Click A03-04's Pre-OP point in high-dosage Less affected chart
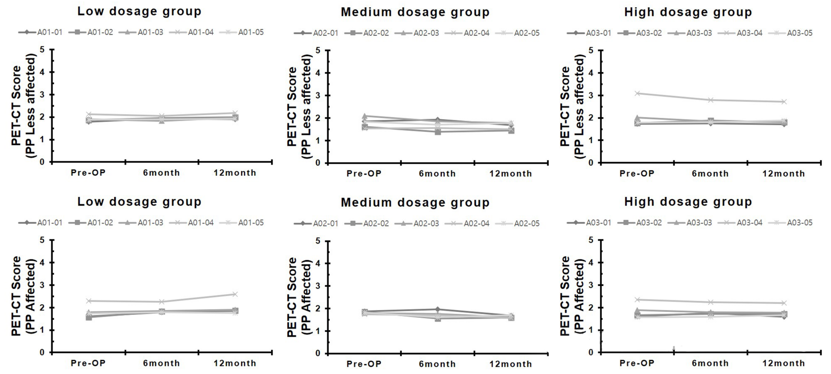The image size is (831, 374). tap(638, 93)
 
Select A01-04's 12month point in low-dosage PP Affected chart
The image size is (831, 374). tap(235, 294)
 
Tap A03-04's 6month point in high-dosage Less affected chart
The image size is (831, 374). tap(711, 100)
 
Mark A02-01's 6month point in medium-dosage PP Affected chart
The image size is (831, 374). tap(437, 309)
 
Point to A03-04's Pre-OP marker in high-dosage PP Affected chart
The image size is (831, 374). tap(638, 300)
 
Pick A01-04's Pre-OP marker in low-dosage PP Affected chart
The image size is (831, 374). tap(88, 301)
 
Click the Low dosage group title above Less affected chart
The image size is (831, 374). tap(139, 11)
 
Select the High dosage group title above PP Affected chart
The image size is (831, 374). tap(688, 202)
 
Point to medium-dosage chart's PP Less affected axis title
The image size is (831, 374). tap(299, 106)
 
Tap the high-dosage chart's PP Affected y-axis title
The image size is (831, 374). tap(572, 296)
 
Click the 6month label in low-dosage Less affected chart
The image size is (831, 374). tap(161, 173)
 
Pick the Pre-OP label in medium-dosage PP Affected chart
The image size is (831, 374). tap(364, 364)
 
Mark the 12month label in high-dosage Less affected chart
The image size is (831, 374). tap(784, 173)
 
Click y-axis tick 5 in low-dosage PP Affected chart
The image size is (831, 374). tap(43, 240)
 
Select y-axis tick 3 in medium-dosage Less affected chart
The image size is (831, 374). tap(318, 95)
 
